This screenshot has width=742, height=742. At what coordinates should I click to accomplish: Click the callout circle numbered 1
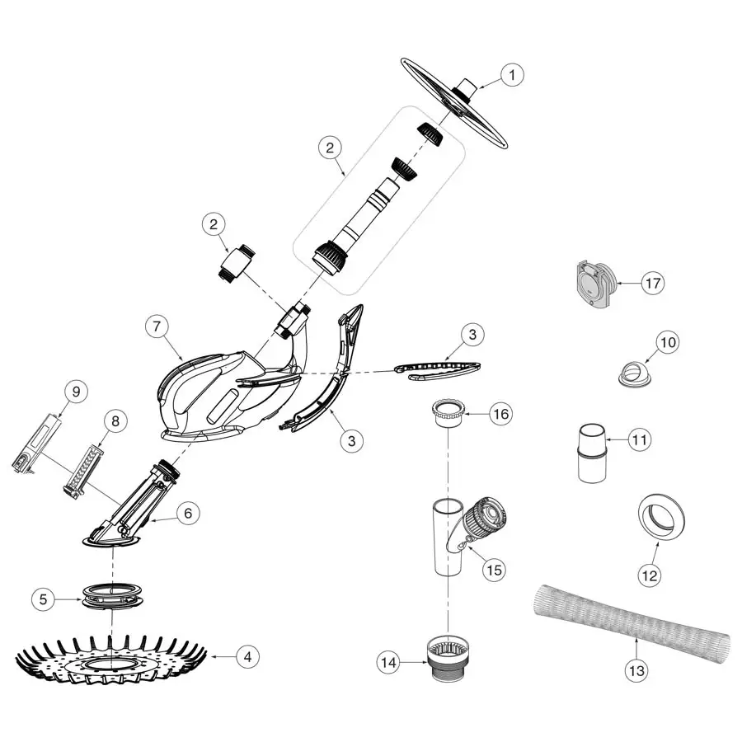tap(511, 76)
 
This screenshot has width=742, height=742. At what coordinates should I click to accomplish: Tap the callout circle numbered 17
tap(651, 283)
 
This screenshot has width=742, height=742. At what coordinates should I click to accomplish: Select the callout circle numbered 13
tap(636, 670)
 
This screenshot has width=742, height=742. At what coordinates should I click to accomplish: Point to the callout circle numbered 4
tap(247, 657)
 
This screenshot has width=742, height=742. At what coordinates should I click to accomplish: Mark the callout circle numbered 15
tap(495, 569)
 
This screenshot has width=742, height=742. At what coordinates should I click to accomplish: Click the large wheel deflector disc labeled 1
tap(452, 103)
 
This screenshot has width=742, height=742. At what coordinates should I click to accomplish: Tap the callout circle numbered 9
tap(74, 392)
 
